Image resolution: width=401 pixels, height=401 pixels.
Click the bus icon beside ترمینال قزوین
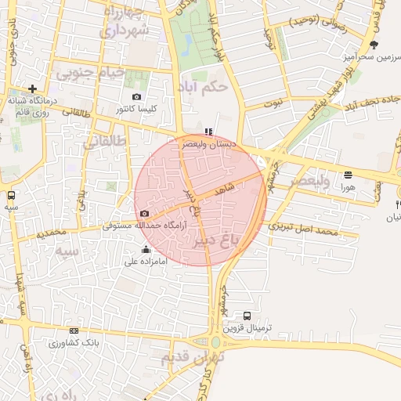(x=248, y=316)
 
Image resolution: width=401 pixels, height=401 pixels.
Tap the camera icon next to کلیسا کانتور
(x=137, y=97)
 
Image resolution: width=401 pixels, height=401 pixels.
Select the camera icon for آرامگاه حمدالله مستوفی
(x=144, y=214)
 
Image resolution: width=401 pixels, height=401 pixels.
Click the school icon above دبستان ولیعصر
(x=208, y=132)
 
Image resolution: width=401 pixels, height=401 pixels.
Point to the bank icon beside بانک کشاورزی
(x=74, y=331)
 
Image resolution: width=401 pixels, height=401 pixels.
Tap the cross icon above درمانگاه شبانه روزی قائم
(x=32, y=89)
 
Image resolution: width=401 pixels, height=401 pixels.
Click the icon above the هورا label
(x=348, y=175)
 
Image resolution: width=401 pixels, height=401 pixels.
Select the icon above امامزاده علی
(x=145, y=250)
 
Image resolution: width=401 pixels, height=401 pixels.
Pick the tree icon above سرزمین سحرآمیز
(x=374, y=45)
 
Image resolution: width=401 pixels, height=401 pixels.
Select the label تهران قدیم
(x=193, y=358)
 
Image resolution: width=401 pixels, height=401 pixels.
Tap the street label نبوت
(x=273, y=103)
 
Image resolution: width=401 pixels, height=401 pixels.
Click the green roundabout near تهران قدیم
(x=215, y=342)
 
